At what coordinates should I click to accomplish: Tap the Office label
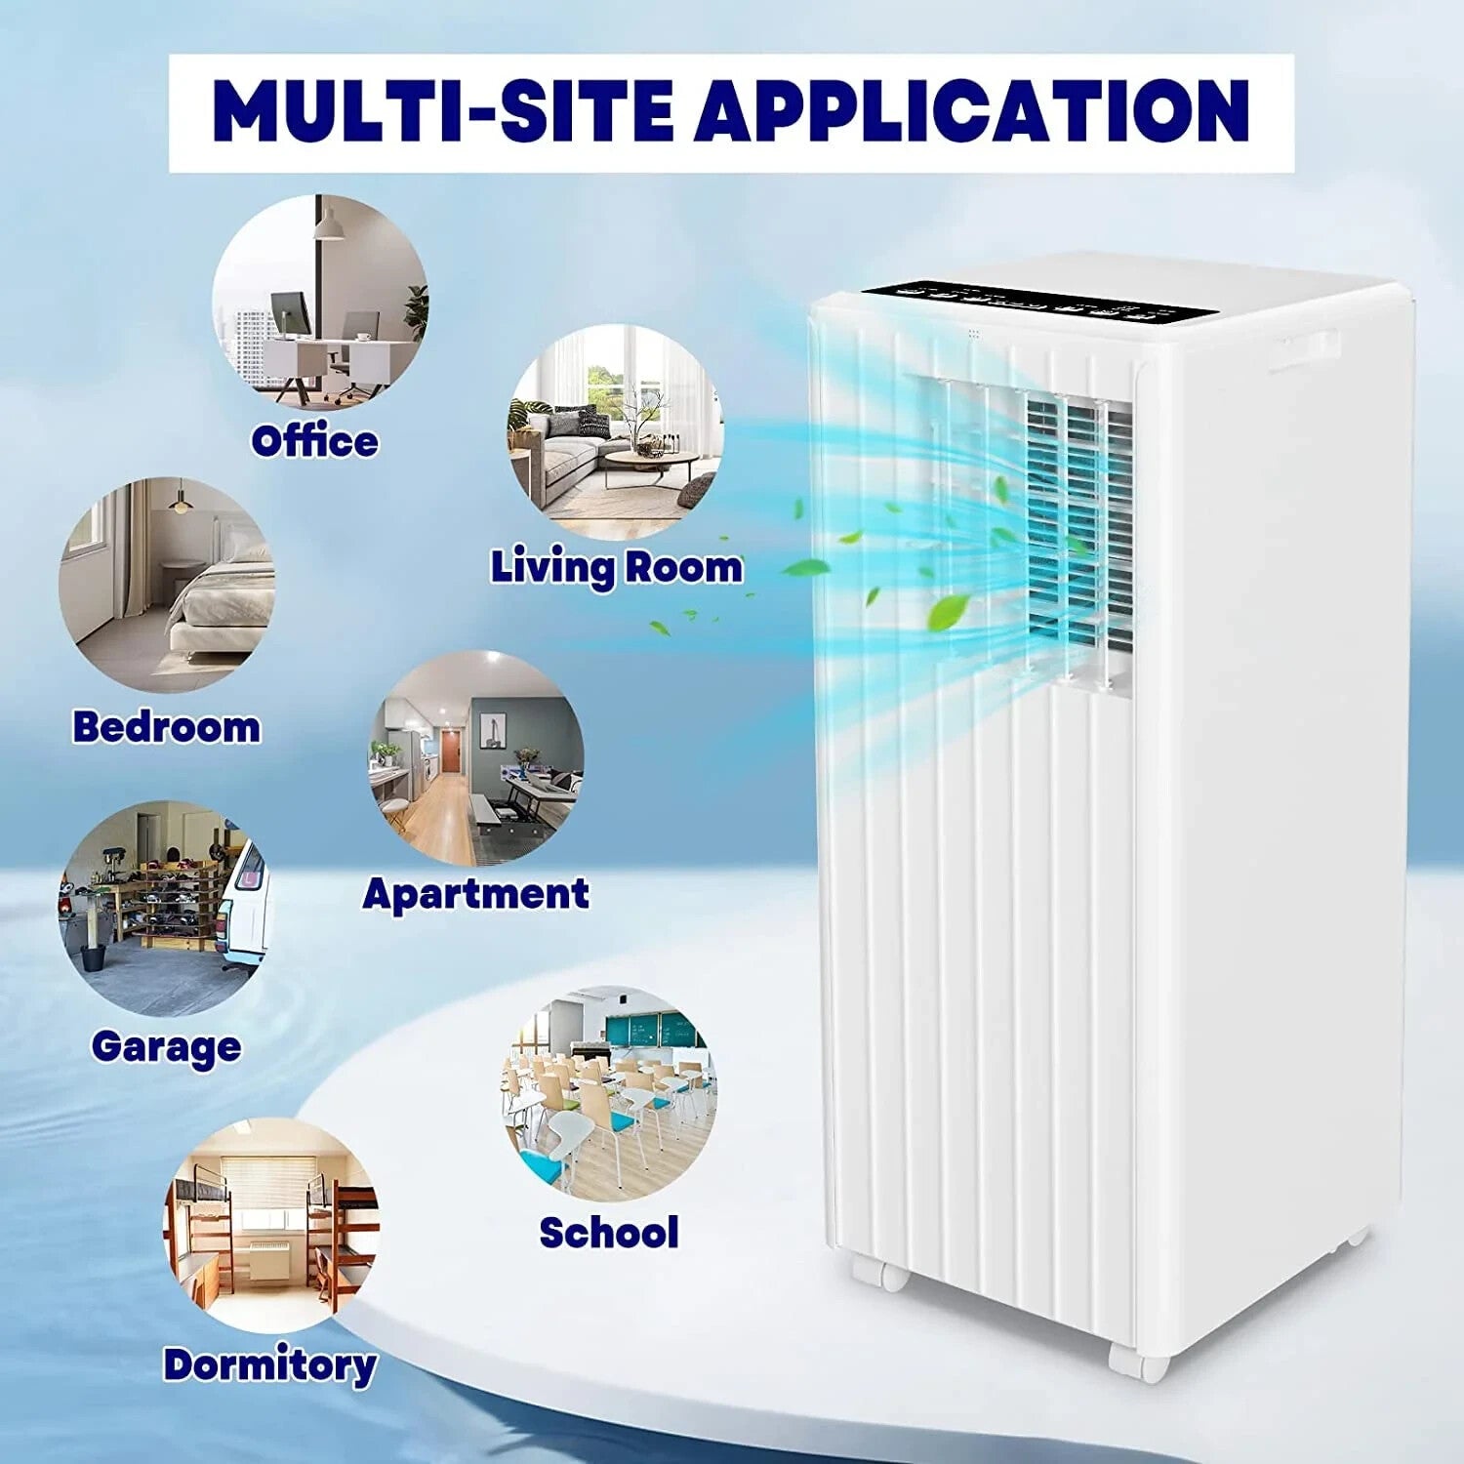tap(314, 442)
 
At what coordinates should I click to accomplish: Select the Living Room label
tap(616, 567)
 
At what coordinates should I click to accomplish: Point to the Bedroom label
tap(167, 727)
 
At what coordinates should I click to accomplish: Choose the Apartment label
tap(475, 894)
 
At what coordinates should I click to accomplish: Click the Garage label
tap(166, 1047)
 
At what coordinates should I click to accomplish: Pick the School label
tap(608, 1233)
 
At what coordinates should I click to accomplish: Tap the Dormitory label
tap(269, 1364)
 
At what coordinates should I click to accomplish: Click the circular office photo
tap(320, 302)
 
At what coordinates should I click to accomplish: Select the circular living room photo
tap(615, 432)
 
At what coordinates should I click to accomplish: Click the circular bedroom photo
tap(167, 585)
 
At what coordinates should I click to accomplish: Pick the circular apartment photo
tap(476, 758)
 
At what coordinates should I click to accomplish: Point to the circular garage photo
tap(165, 909)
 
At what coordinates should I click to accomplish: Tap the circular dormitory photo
tap(270, 1226)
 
